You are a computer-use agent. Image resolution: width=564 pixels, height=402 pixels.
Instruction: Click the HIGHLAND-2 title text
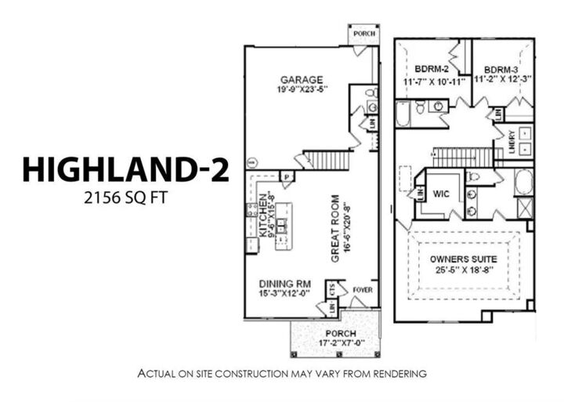click(x=125, y=169)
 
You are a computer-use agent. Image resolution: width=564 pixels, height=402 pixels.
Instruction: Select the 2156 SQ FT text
click(x=125, y=198)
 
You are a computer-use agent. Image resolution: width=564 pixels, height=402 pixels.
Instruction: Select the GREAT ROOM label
click(x=334, y=228)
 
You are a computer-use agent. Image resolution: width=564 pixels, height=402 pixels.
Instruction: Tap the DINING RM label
click(x=284, y=283)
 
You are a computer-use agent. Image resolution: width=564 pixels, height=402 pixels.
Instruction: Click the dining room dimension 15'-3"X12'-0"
click(x=285, y=293)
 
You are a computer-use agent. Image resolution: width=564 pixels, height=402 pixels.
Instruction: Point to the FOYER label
click(x=363, y=289)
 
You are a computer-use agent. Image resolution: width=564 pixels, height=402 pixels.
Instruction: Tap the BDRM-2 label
click(x=431, y=68)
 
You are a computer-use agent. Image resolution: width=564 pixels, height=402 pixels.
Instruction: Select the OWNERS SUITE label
click(x=460, y=259)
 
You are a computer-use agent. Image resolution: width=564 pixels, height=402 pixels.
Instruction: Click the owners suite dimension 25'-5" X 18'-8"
click(x=460, y=271)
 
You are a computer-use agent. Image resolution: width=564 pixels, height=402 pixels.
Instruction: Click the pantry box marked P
click(x=287, y=177)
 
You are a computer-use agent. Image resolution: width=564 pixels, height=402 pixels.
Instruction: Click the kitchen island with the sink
click(x=282, y=226)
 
